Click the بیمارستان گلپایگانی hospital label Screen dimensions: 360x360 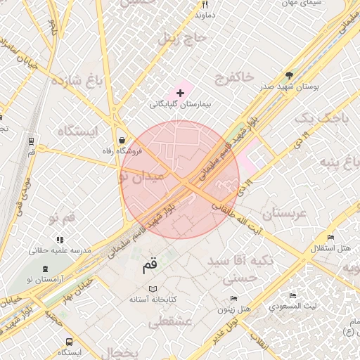tap(180, 104)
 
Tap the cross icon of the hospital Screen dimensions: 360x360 tap(180, 93)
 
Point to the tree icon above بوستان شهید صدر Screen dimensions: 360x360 tap(289, 75)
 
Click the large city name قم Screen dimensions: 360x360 tap(150, 266)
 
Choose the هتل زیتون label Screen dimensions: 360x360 tap(234, 309)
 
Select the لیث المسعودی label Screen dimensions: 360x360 tap(296, 307)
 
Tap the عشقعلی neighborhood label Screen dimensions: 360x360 tap(172, 322)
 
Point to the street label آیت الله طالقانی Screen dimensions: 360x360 tap(237, 208)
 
